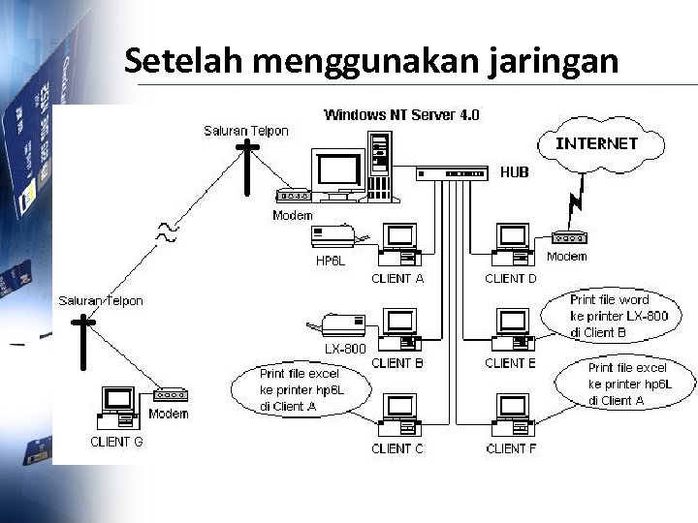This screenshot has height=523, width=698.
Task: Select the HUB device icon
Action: click(452, 173)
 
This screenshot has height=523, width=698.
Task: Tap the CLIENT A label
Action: click(397, 279)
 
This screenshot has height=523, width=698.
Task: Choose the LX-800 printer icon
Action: click(341, 325)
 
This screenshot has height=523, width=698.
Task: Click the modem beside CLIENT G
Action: click(170, 395)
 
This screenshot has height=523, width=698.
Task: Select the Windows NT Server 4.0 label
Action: click(400, 115)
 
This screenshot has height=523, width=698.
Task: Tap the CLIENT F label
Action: click(511, 448)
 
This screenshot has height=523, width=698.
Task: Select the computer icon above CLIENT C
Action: click(398, 415)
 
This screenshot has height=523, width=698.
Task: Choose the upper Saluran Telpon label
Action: click(245, 131)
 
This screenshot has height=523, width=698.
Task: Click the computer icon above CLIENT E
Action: click(510, 328)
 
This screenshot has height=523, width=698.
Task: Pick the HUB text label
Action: click(515, 172)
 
